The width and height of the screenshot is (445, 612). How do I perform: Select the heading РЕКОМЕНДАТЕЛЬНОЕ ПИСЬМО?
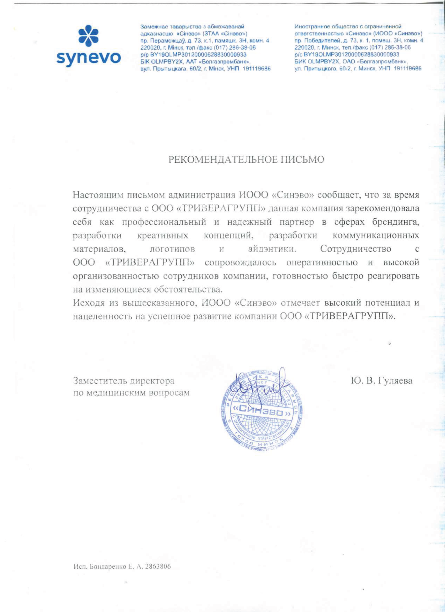(x=246, y=160)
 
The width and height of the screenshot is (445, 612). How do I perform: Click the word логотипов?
(x=173, y=249)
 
